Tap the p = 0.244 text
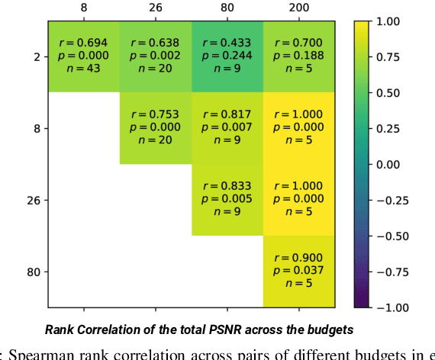[x=227, y=56]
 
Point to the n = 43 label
[x=82, y=69]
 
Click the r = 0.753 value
[x=155, y=115]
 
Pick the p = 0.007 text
[x=227, y=128]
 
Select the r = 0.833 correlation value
[x=227, y=187]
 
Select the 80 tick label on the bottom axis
[x=227, y=313]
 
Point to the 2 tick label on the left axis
[x=36, y=56]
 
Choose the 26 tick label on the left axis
[x=34, y=200]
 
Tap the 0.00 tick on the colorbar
[x=392, y=164]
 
